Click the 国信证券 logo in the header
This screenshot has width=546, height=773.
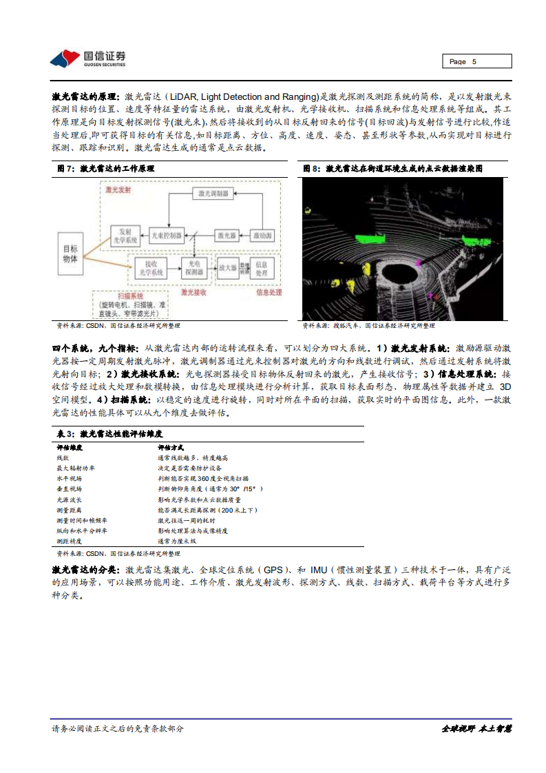tap(87, 58)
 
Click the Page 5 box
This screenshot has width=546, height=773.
tap(476, 61)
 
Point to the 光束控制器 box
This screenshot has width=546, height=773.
tap(166, 236)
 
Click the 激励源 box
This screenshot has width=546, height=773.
tap(262, 236)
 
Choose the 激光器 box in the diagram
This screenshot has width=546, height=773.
tap(227, 236)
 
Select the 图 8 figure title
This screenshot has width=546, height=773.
tap(393, 168)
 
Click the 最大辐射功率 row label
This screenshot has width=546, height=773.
tap(73, 467)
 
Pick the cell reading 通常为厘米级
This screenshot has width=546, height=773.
tap(177, 542)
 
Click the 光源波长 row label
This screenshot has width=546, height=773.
tap(69, 499)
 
